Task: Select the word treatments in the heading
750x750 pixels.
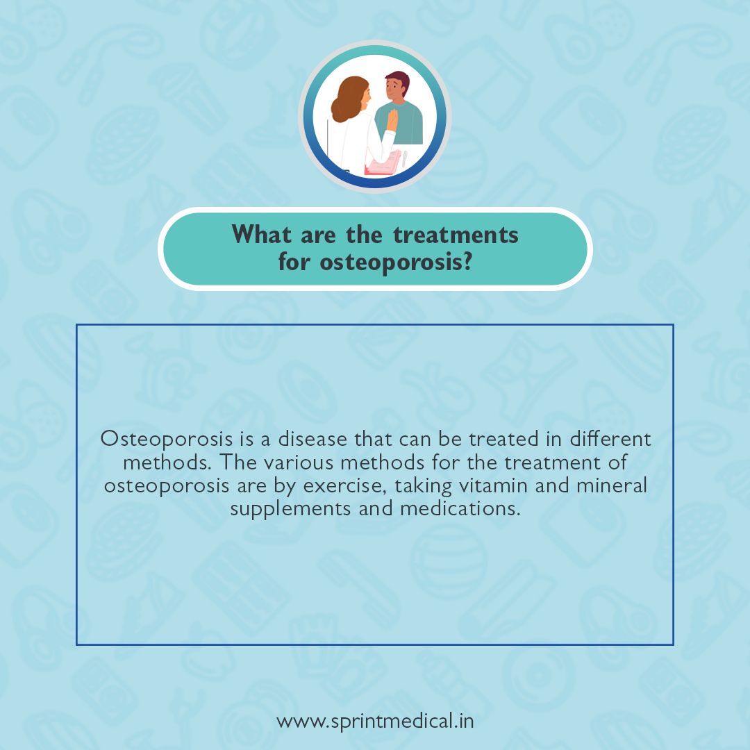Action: [x=456, y=235]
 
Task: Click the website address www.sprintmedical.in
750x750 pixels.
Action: [x=375, y=721]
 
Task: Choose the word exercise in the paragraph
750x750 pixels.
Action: [x=348, y=485]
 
